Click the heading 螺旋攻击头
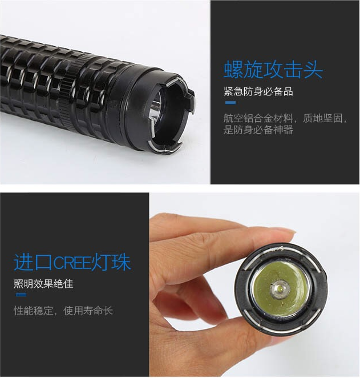[273, 69]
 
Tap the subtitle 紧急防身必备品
[258, 91]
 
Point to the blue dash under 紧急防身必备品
[230, 103]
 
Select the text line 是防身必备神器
[258, 130]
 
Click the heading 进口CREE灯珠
[72, 262]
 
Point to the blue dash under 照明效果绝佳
[21, 295]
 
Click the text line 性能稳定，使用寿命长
[63, 311]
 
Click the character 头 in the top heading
[313, 69]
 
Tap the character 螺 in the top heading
[233, 69]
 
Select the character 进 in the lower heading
[23, 262]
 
